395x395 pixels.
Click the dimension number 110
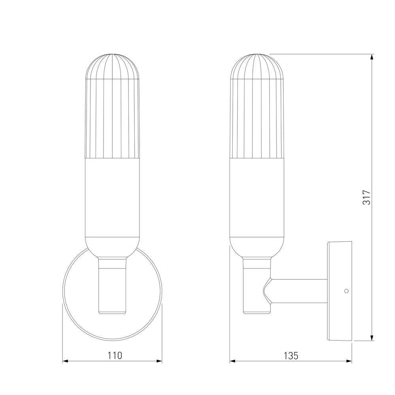tap(115, 355)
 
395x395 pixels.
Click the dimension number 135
tap(291, 356)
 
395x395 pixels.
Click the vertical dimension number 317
tap(367, 197)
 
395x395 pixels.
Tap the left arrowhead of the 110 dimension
tap(65, 361)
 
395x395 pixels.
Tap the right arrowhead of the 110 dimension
tap(159, 361)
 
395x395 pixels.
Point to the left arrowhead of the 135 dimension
tap(233, 361)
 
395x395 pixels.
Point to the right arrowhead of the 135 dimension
tap(349, 361)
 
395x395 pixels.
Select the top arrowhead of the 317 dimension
tap(372, 57)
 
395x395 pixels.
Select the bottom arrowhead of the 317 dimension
tap(372, 338)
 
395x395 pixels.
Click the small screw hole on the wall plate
tap(346, 291)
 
